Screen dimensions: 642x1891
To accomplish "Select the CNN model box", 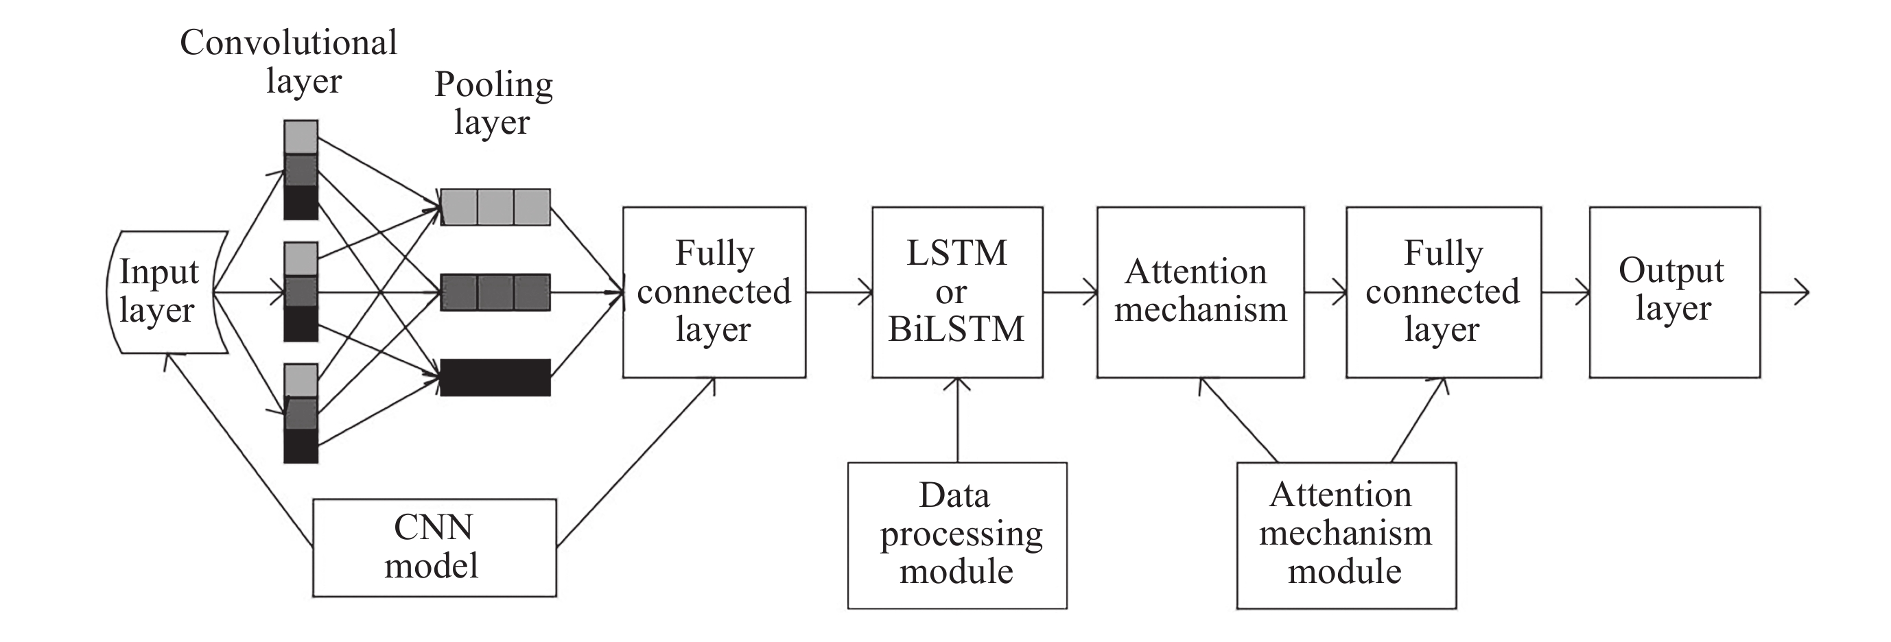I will pos(434,547).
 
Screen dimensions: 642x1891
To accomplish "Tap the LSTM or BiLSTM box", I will pos(956,292).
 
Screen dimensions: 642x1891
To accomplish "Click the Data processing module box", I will pos(956,535).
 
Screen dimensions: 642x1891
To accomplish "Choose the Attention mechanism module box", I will pos(1346,535).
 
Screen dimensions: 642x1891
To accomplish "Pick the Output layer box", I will pos(1673,292).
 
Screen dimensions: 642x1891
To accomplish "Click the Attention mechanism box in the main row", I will pos(1199,292).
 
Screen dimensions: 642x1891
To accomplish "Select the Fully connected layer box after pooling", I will pos(714,292).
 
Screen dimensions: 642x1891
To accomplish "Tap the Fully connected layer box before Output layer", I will pos(1442,292).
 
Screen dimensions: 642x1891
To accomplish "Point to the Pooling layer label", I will pos(493,103).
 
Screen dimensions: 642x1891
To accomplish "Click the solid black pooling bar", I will pos(495,377).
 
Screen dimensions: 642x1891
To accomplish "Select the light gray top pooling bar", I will pos(495,207).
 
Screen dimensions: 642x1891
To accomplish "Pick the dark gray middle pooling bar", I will pos(495,292).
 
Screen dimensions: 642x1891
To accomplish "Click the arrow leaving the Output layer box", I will pos(1784,292).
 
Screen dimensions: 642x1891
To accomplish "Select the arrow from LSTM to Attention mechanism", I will pos(1070,292).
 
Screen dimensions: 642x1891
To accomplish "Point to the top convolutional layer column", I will pos(301,170).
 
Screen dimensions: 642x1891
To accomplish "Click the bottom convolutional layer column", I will pos(301,413).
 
